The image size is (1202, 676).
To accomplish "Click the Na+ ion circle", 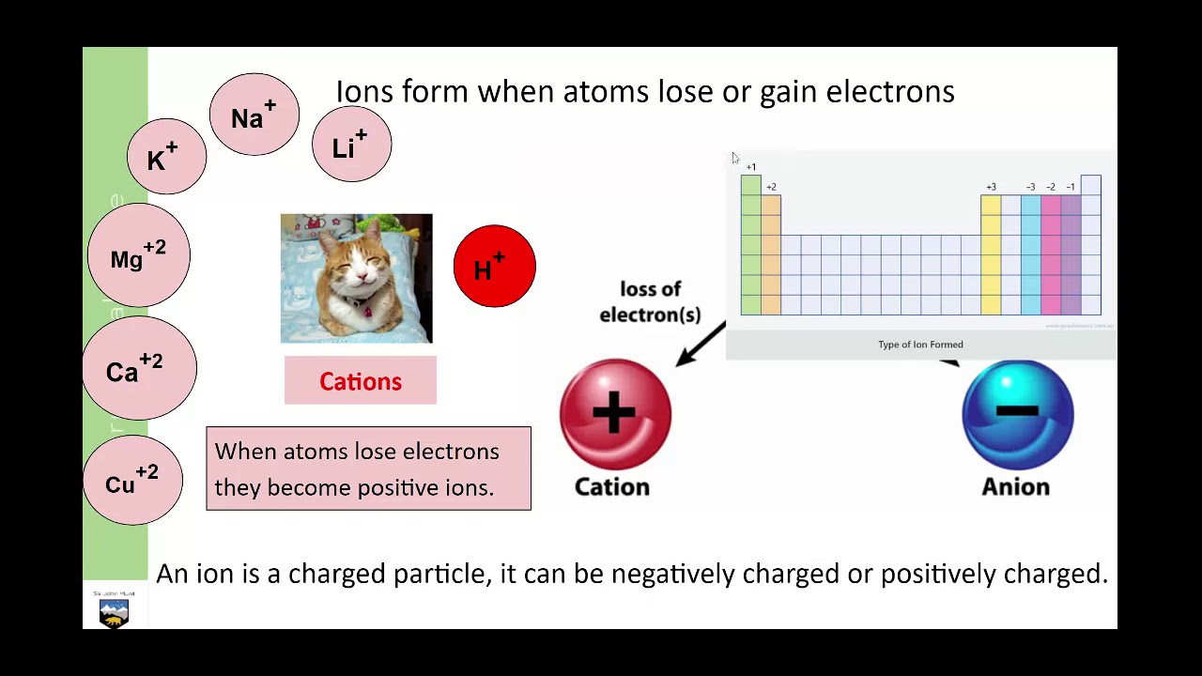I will [254, 115].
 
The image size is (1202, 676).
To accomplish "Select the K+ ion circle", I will [166, 157].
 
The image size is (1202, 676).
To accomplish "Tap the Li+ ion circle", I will [351, 145].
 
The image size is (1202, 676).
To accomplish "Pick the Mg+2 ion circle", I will [139, 256].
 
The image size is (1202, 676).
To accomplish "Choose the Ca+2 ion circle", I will [139, 368].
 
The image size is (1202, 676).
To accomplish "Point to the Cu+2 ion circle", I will [133, 481].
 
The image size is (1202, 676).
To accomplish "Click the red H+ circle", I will [494, 267].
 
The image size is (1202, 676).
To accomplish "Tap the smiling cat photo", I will [356, 279].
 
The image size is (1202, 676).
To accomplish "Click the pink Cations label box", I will [361, 381].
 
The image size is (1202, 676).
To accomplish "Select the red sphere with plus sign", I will [615, 414].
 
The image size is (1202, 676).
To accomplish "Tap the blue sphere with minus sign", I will [1017, 414].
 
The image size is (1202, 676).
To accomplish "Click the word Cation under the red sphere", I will [612, 486].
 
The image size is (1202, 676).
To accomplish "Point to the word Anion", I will [1015, 486].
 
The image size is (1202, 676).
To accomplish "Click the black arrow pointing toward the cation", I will [699, 345].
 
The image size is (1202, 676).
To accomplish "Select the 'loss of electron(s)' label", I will [650, 301].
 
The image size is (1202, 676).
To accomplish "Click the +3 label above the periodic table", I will [991, 187].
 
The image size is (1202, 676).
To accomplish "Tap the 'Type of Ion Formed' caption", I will [920, 345].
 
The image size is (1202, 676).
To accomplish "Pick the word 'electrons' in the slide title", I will [890, 91].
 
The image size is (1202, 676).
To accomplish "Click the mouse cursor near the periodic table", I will [735, 159].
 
